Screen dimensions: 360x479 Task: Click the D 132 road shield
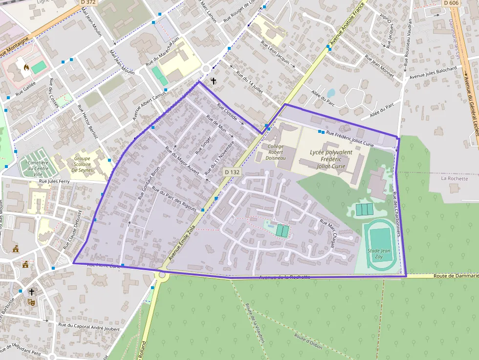coord(233,172)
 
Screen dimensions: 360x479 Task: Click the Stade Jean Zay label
coord(379,254)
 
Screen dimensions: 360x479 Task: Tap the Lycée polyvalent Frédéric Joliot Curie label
coord(331,159)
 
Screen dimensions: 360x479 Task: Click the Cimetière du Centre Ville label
coord(38,169)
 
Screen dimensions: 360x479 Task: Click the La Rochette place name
coord(455,178)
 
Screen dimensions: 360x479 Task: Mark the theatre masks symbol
coord(31,302)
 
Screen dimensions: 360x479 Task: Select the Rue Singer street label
coord(202,145)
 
